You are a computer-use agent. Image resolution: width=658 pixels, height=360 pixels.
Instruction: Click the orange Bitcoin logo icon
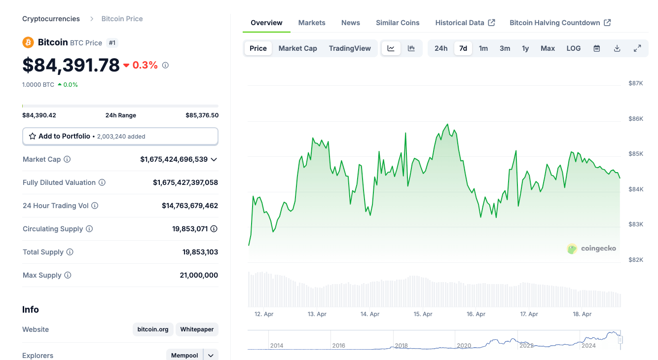click(x=28, y=42)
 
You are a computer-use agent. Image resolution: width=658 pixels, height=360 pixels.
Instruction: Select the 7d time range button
click(x=463, y=48)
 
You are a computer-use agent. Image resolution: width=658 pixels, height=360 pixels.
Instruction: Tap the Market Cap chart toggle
click(x=297, y=48)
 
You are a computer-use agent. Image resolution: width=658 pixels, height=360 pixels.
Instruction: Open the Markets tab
click(x=312, y=23)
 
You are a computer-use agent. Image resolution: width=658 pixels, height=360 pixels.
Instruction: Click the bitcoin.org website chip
click(x=153, y=329)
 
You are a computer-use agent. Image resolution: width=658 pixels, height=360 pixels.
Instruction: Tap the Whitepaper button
click(x=197, y=329)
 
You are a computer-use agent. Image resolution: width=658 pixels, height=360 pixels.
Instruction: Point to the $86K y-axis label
click(x=635, y=119)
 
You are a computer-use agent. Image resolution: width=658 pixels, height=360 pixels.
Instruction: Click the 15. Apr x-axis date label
click(x=423, y=314)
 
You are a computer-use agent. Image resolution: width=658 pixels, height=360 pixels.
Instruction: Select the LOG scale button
click(x=573, y=48)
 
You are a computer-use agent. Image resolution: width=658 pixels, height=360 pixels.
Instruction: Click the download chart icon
click(x=617, y=48)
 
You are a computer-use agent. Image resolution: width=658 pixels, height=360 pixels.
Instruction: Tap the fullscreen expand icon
click(x=637, y=48)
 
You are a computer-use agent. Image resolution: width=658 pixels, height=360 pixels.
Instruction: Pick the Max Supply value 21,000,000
click(x=199, y=275)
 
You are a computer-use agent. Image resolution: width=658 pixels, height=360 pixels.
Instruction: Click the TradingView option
click(x=350, y=48)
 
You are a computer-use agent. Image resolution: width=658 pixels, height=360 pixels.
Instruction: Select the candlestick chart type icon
click(x=411, y=48)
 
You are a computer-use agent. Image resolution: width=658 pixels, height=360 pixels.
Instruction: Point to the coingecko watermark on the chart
click(x=592, y=249)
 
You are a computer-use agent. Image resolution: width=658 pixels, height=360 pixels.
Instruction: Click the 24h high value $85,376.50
click(x=202, y=115)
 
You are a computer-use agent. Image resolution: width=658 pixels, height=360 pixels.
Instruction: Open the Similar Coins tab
click(x=398, y=23)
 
